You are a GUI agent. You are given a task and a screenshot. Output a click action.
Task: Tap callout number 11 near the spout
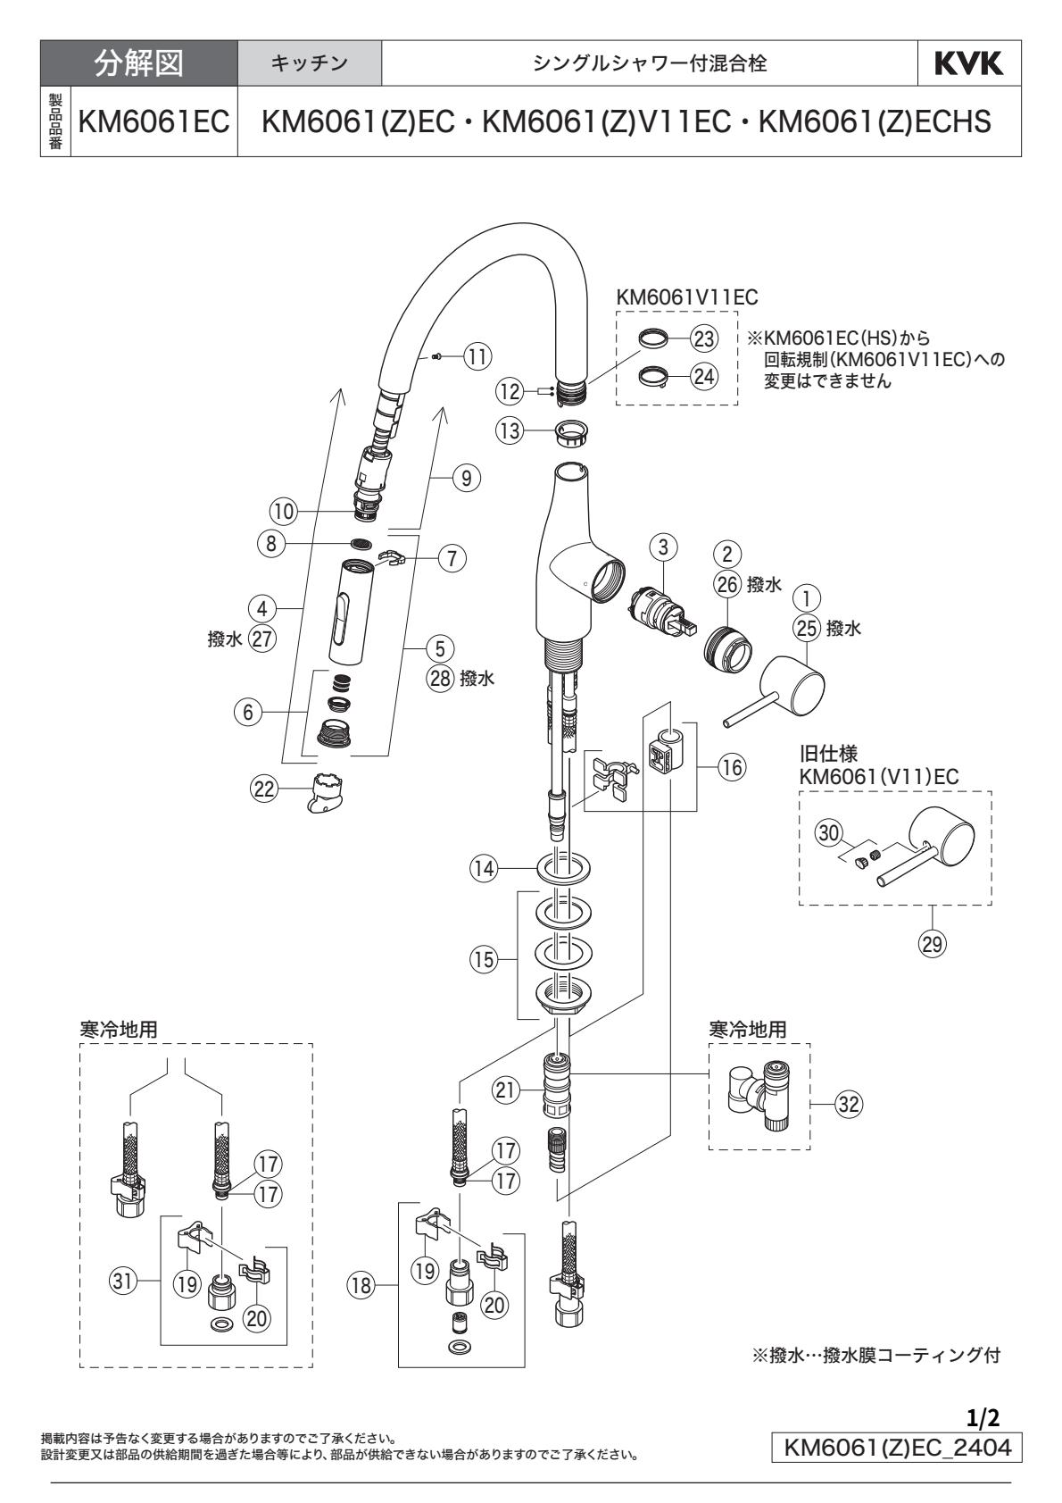[478, 356]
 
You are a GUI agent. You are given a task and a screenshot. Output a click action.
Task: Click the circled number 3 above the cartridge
[664, 544]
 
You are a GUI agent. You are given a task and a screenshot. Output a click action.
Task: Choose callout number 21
[506, 1089]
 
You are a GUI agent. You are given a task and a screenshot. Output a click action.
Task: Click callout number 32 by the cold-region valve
[848, 1103]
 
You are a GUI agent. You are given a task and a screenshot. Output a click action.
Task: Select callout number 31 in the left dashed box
[122, 1280]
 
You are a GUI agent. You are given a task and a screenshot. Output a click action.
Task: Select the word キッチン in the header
[309, 63]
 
